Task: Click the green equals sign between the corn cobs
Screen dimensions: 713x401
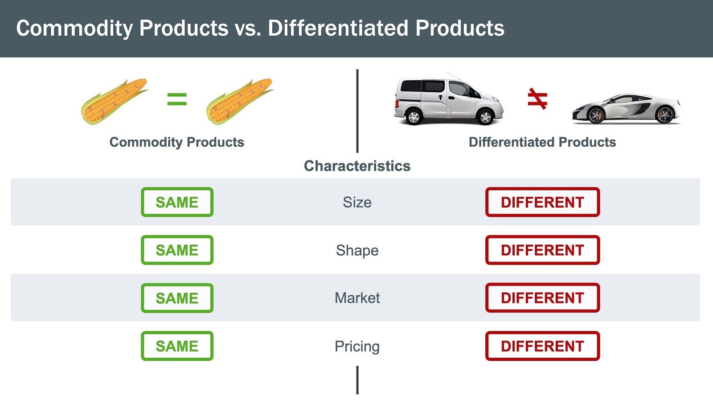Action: (177, 99)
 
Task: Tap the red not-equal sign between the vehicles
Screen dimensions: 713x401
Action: (537, 99)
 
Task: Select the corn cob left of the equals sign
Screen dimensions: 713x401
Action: (115, 101)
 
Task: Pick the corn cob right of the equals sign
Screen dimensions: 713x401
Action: (240, 101)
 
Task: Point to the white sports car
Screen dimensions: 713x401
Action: (627, 109)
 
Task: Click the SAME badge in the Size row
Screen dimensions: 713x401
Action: (177, 202)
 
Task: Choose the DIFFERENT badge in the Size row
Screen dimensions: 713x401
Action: (542, 202)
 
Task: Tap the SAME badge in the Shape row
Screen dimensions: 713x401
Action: (177, 250)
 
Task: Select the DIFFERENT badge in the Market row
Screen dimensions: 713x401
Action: (542, 298)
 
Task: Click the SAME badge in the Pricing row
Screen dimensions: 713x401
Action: (177, 346)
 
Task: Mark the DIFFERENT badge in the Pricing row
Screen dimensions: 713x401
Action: (542, 346)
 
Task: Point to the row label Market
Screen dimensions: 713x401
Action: (357, 298)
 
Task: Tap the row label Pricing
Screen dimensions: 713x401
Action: (357, 347)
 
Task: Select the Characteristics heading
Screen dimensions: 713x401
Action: (357, 166)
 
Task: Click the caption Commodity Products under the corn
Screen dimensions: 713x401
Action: (176, 142)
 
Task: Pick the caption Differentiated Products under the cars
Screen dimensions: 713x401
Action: (542, 142)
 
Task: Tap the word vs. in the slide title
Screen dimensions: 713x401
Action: (248, 29)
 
